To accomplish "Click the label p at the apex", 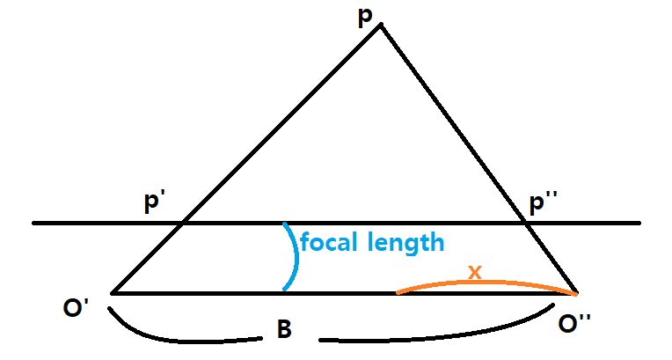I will coord(365,18).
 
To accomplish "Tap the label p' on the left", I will coord(157,202).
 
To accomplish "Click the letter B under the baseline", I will coord(284,330).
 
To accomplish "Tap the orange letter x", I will coord(475,272).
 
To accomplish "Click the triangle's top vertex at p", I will coord(380,25).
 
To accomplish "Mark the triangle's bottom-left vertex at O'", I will coord(113,292).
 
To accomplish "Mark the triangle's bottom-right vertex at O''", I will coord(577,292).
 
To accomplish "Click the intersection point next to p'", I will coord(181,224).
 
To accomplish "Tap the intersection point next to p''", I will coord(525,224).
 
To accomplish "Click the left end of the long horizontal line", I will coord(34,224).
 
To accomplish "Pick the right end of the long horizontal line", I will coord(639,224).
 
